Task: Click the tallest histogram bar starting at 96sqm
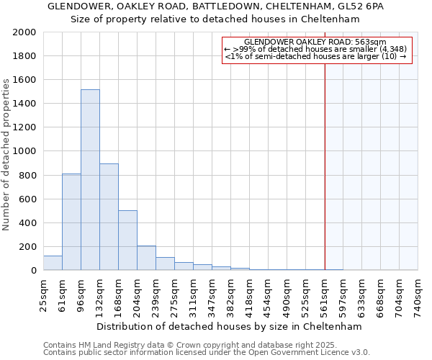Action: (90, 180)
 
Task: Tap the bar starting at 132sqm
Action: (109, 217)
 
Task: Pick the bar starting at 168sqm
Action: (127, 240)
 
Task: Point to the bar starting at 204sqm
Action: (146, 258)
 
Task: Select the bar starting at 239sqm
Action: (165, 264)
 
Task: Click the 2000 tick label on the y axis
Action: (24, 32)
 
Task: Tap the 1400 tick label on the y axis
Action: (24, 104)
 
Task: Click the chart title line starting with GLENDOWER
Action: (216, 6)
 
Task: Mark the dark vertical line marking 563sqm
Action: (325, 166)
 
